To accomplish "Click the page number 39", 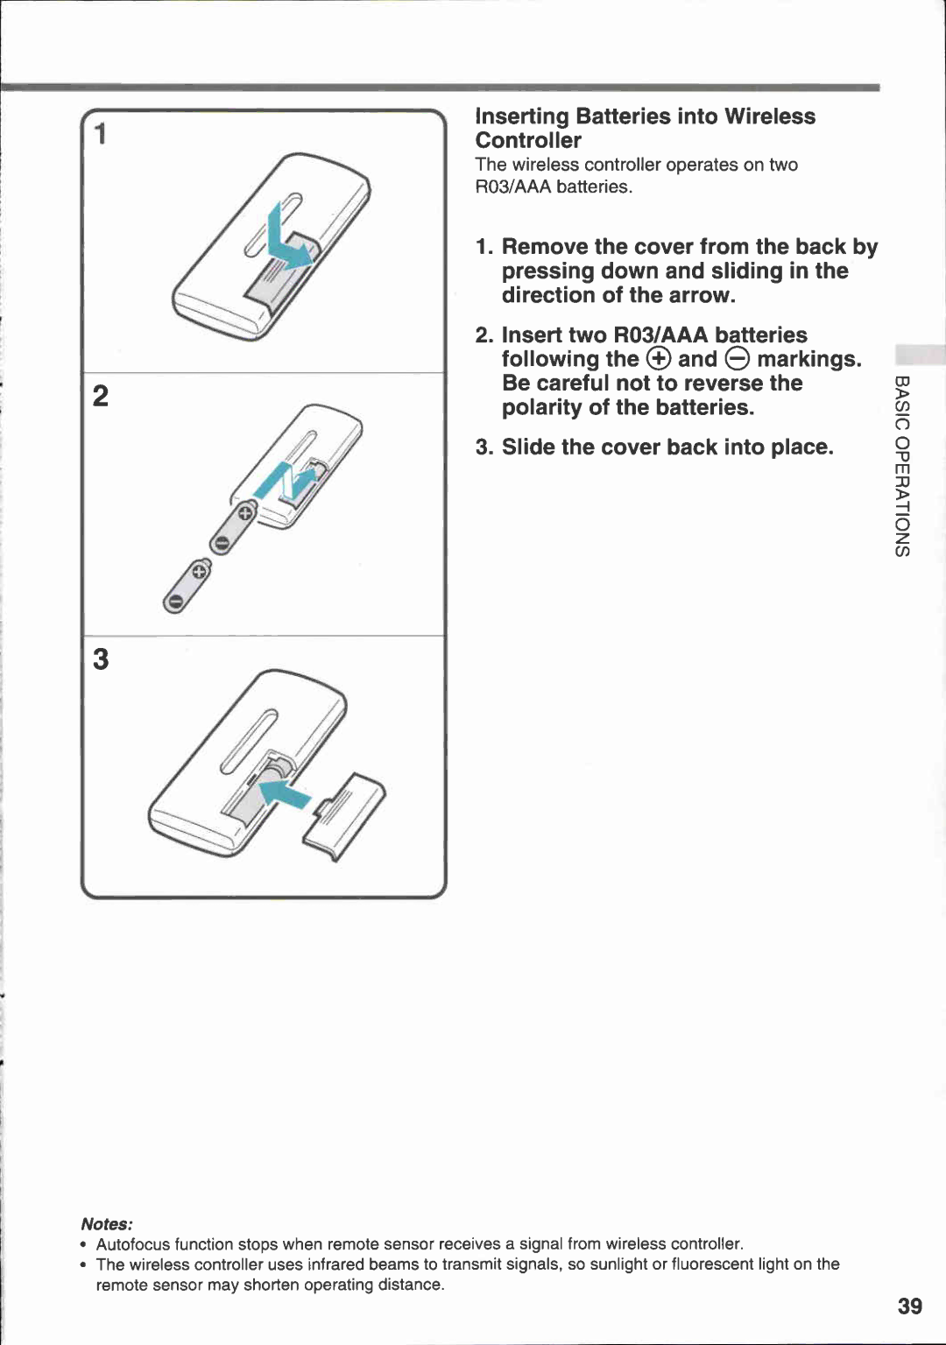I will tap(909, 1306).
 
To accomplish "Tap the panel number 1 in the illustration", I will tap(102, 134).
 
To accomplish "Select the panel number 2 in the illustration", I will tap(102, 396).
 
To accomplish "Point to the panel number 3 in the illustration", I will tap(102, 658).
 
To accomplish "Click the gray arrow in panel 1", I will tap(287, 241).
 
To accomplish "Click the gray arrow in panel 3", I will tap(286, 793).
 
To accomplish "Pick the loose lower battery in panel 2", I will tap(187, 587).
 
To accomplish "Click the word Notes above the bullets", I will tap(106, 1223).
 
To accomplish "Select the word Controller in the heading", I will tap(528, 141).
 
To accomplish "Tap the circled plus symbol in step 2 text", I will tap(659, 359).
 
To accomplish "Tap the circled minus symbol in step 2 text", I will tap(738, 359).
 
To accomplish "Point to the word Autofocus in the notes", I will tap(133, 1244).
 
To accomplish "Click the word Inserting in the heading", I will tap(522, 116).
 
